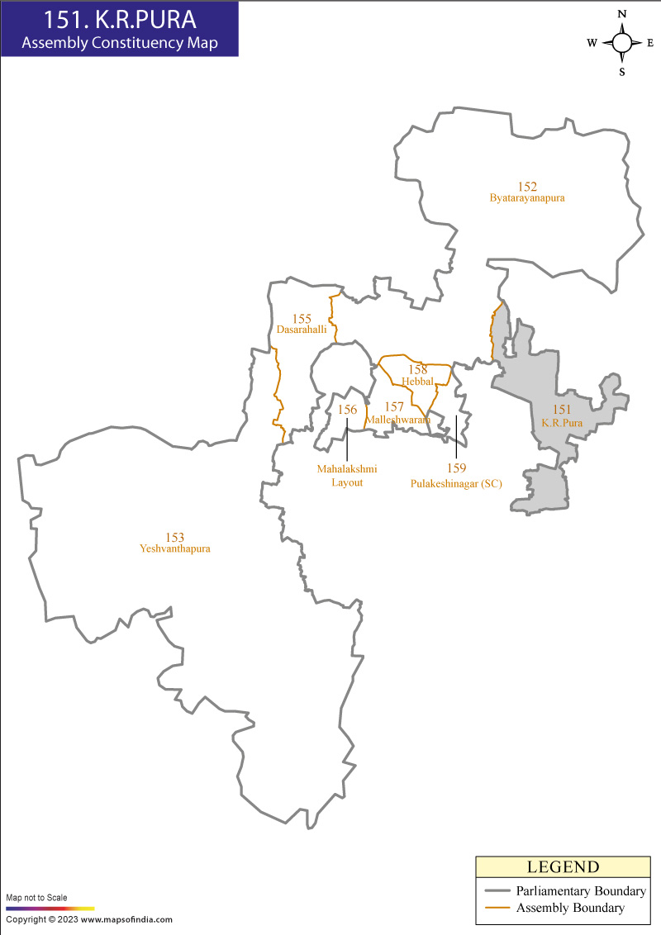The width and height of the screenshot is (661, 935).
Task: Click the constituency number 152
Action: click(527, 187)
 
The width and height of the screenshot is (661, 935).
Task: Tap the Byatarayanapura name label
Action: click(527, 199)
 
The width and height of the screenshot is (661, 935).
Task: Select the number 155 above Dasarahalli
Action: click(302, 318)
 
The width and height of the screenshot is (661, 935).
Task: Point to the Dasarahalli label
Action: click(302, 329)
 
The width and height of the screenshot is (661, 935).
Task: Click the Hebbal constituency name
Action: click(417, 381)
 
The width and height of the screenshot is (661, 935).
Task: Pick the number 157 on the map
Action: click(394, 407)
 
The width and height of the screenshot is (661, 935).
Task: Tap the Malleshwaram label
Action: click(398, 420)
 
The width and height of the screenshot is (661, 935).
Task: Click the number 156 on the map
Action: click(347, 410)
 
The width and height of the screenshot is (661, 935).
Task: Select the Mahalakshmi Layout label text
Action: click(347, 476)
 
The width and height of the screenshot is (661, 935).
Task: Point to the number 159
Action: click(457, 468)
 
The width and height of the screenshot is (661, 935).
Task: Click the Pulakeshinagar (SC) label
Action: click(456, 483)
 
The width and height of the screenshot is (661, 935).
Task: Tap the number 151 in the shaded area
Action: click(562, 410)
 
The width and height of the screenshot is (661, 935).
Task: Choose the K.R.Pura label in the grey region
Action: click(562, 422)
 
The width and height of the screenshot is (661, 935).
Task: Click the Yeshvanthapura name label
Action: click(175, 548)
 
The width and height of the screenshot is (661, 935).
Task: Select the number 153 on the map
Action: click(174, 537)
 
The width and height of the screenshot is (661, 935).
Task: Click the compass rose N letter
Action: click(622, 14)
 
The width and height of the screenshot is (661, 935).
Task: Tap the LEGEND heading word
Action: click(563, 867)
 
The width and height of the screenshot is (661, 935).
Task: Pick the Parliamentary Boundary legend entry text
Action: click(581, 891)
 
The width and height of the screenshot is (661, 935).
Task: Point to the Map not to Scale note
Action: click(37, 897)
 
